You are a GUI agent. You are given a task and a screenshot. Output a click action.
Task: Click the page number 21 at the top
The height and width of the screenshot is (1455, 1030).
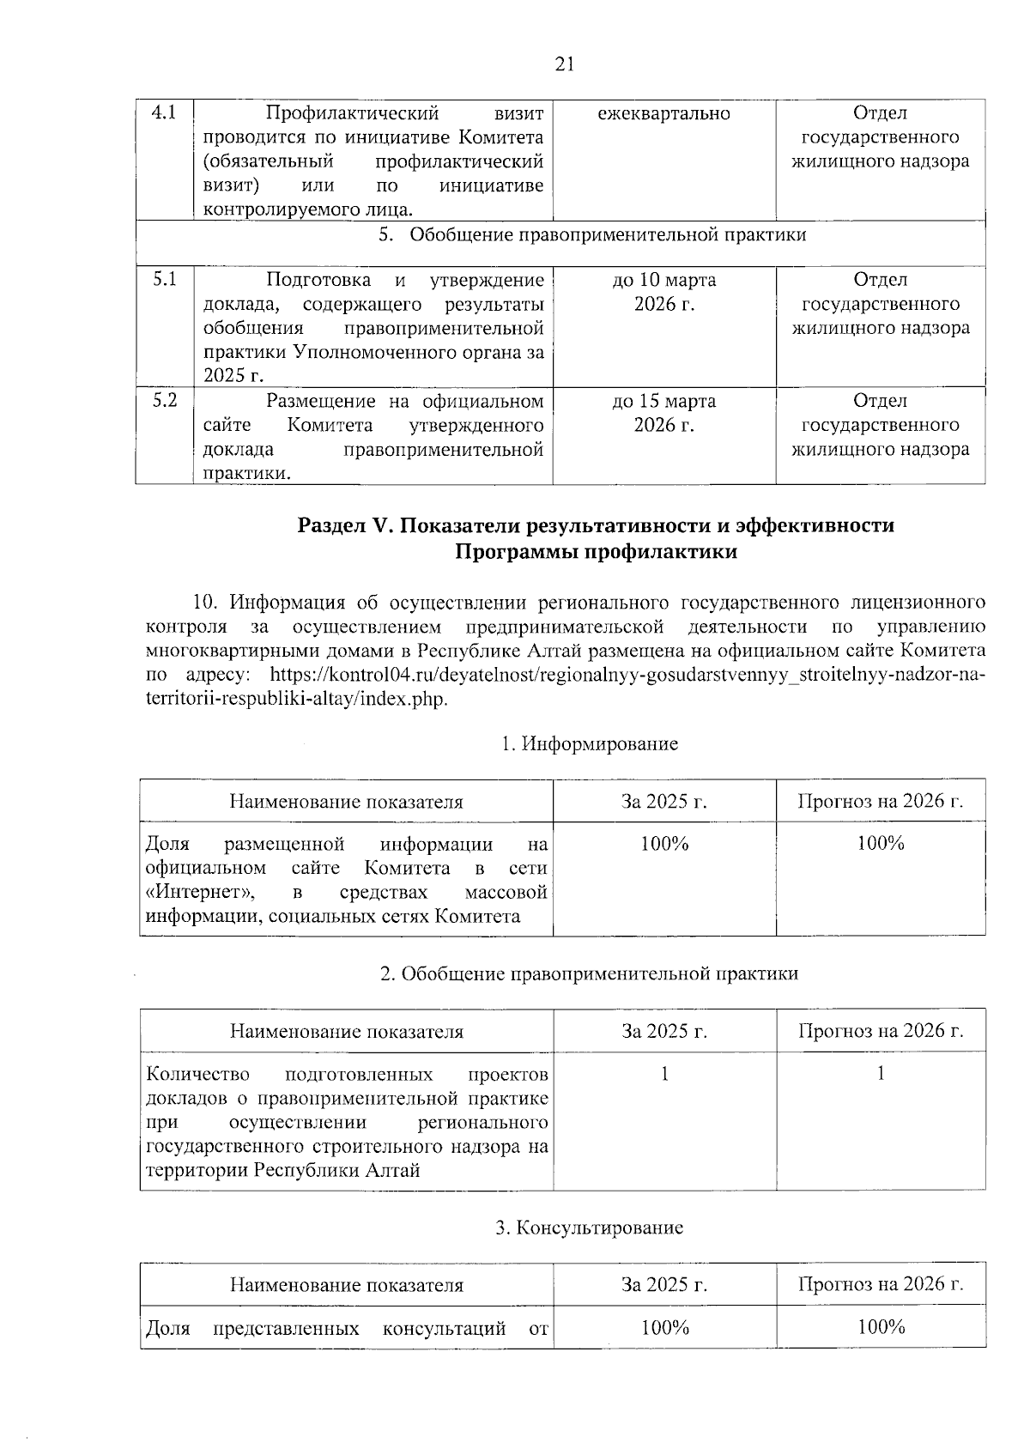(565, 64)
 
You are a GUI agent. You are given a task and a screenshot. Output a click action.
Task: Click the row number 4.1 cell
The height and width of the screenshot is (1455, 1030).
(164, 113)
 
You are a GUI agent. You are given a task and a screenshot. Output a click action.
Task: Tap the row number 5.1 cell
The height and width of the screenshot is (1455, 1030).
(164, 280)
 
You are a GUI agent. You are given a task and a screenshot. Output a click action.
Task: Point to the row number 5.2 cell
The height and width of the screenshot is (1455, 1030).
(164, 401)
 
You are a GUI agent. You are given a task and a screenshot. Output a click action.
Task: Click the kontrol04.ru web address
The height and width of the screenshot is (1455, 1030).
(627, 675)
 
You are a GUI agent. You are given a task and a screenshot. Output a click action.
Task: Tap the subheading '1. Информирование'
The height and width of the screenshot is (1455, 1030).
(590, 743)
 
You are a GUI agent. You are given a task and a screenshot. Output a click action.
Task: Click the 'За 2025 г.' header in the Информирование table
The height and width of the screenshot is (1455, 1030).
(663, 802)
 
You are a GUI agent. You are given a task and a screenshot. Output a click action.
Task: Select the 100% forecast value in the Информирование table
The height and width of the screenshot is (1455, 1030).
(881, 844)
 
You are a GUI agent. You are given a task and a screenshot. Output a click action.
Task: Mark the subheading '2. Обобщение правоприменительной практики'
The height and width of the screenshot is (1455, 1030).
(589, 973)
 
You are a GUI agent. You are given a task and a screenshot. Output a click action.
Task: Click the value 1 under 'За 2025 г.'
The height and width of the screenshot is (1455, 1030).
(663, 1074)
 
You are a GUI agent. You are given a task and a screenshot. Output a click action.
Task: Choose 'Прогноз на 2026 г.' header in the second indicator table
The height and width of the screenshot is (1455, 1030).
(881, 1031)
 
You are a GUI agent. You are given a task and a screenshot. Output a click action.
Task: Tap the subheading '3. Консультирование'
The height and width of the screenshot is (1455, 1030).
(590, 1228)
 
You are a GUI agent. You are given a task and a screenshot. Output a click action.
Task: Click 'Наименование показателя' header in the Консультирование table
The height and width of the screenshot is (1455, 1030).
(346, 1285)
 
